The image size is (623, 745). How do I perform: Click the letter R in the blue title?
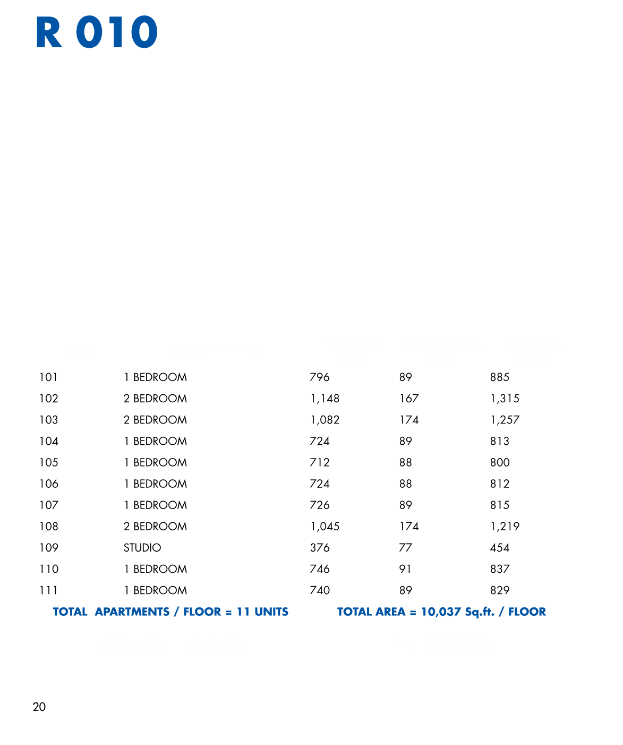48,32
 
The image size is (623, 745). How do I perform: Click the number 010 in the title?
117,32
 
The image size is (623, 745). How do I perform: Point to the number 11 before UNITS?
243,612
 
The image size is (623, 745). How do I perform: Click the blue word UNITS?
271,612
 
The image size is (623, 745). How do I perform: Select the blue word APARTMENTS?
132,612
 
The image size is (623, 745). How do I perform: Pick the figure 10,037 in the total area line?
441,612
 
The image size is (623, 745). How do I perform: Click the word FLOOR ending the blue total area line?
527,612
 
